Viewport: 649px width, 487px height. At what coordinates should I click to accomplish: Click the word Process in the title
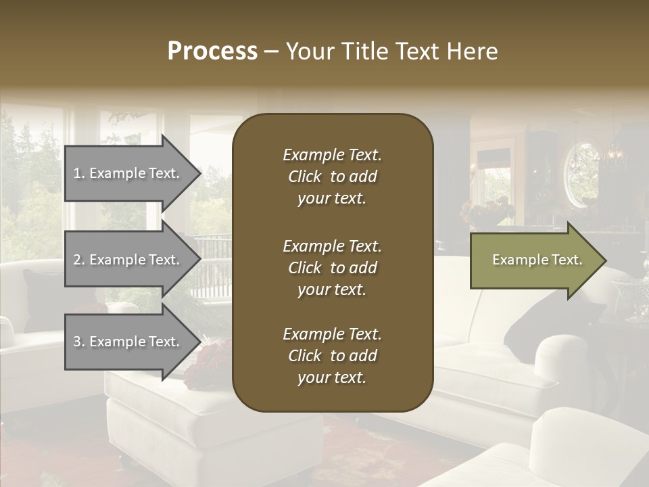[212, 51]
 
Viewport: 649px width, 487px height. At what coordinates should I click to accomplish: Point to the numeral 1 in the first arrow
[77, 173]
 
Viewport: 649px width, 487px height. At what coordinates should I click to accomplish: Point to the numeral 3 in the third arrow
[77, 342]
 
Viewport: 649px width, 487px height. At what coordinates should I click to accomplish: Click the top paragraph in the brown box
[332, 177]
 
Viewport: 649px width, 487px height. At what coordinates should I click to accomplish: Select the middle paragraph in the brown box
[332, 267]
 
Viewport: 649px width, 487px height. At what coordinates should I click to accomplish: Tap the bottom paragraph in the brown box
[332, 356]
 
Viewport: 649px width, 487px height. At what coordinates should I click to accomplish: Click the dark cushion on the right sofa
[554, 318]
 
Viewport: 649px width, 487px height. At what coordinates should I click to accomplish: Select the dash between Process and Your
[272, 52]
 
